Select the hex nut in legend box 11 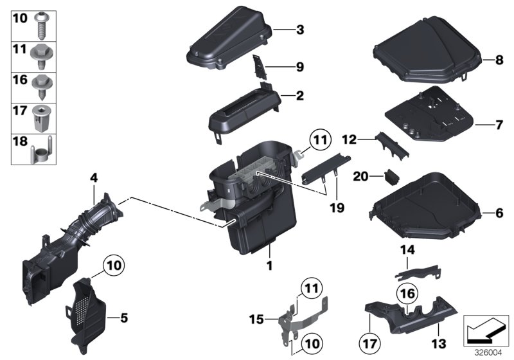pos(40,55)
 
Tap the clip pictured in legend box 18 pos(40,152)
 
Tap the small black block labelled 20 pos(391,175)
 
